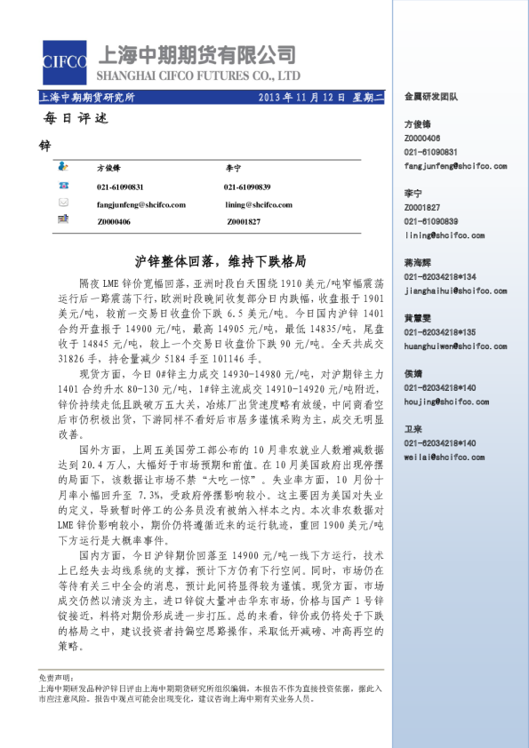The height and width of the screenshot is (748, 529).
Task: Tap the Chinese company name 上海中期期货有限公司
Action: point(200,53)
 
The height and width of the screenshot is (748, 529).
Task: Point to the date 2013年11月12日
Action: point(301,96)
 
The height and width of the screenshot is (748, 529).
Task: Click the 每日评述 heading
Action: point(68,118)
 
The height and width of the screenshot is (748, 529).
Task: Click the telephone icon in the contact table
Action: point(63,186)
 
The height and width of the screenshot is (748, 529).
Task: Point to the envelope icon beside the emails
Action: point(63,203)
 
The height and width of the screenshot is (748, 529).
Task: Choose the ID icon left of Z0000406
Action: point(63,220)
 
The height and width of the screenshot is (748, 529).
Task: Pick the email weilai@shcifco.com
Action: point(443,457)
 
